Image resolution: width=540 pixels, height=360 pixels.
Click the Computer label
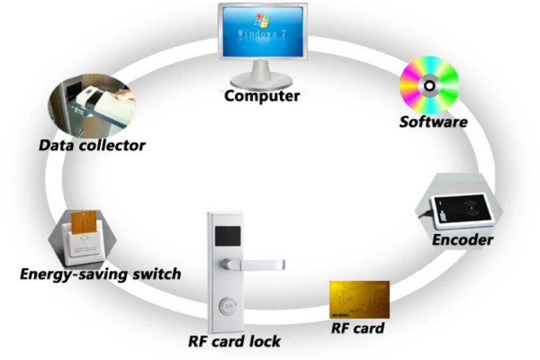click(262, 96)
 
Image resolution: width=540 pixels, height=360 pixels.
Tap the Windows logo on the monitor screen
click(262, 21)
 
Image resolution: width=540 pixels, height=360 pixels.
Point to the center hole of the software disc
click(429, 85)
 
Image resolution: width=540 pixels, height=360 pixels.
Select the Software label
click(433, 122)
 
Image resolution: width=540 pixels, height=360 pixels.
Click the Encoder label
click(462, 240)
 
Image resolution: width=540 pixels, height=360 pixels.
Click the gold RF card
click(359, 300)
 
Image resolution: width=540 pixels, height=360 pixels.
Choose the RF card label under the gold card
click(357, 328)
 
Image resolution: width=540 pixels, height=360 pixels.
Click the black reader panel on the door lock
click(228, 236)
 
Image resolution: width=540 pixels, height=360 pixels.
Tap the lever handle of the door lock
click(254, 264)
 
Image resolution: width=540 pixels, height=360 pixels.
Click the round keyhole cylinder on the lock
click(228, 305)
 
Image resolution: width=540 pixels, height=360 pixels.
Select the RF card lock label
click(234, 341)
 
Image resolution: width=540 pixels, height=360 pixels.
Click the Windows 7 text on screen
click(262, 34)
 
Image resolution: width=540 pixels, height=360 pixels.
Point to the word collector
click(112, 145)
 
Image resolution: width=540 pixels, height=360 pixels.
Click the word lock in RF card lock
click(265, 341)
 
